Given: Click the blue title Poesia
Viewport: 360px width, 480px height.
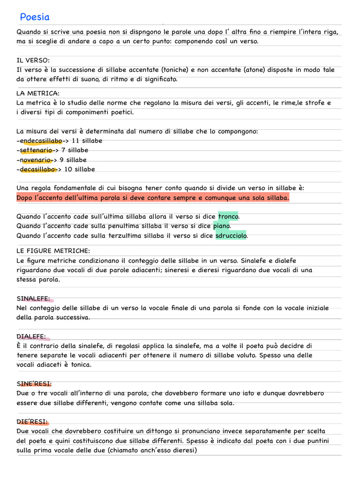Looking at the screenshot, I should click(x=35, y=17).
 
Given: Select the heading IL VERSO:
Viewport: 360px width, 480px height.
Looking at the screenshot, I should click(x=33, y=60).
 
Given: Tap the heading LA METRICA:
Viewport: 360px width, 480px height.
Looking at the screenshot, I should click(x=37, y=93).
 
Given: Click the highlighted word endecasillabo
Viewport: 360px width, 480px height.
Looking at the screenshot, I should click(x=41, y=141).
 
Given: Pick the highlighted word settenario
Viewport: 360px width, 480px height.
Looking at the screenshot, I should click(x=36, y=150).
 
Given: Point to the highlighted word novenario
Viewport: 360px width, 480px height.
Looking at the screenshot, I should click(x=36, y=160).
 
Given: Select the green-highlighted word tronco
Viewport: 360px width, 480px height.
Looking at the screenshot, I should click(x=228, y=217).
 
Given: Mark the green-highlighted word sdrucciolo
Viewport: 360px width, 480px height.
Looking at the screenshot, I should click(x=231, y=236).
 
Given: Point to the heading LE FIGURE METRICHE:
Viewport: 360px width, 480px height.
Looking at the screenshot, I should click(x=53, y=251).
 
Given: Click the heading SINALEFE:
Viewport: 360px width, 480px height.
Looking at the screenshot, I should click(x=33, y=299).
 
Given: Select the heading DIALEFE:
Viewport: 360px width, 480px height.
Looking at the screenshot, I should click(x=31, y=337).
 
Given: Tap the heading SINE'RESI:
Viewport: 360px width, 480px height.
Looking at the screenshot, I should click(x=34, y=384).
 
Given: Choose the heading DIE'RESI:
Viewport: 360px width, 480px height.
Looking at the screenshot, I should click(x=32, y=422).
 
